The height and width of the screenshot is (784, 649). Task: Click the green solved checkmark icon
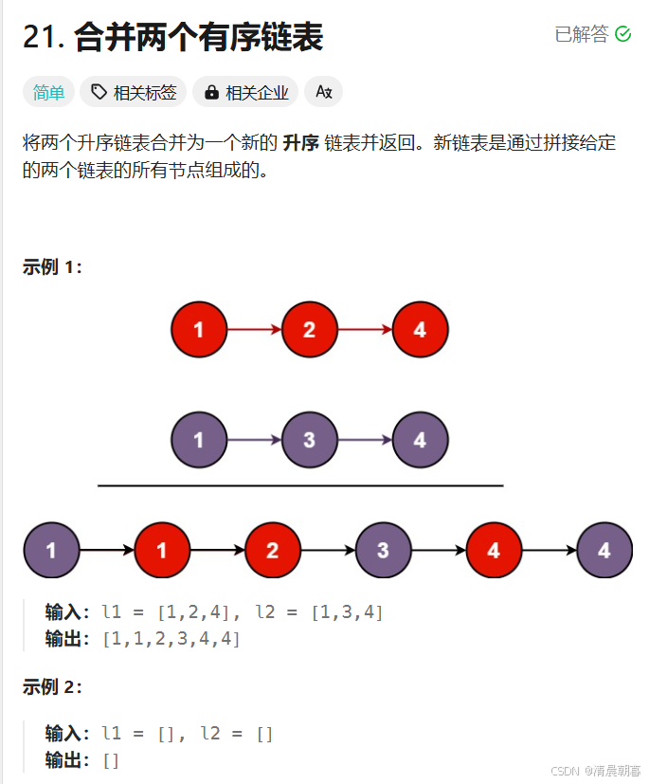point(622,34)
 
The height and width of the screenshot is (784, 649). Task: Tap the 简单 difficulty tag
point(48,92)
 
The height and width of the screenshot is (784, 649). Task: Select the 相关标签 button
point(134,92)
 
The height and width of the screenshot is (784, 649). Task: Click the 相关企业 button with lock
point(245,92)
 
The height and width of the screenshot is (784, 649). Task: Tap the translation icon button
point(323,92)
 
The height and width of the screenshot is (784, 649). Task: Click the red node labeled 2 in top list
point(309,330)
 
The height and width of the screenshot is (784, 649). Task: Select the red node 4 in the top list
point(420,330)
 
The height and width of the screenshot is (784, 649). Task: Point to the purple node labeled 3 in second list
point(309,440)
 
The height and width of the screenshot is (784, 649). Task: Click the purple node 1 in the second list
point(199,440)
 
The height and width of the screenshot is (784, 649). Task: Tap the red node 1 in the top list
point(199,330)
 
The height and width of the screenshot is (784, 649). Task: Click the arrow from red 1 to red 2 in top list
point(254,330)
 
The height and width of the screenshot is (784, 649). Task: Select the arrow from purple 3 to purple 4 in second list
point(365,440)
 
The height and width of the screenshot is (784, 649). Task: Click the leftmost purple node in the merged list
point(51,550)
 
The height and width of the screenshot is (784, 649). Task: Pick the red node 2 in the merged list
point(273,550)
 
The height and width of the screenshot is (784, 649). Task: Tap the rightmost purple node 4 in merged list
point(604,550)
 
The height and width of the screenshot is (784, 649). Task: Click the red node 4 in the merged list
point(494,550)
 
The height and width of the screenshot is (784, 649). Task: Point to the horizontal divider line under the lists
point(300,485)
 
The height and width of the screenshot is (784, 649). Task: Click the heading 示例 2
point(52,687)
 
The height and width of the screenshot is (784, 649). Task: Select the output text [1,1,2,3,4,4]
point(171,639)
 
